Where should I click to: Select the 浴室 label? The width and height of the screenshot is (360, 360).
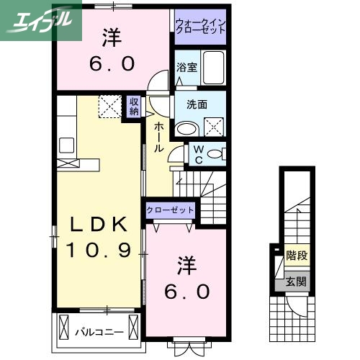click(x=186, y=68)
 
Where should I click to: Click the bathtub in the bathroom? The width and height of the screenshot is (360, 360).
click(x=213, y=68)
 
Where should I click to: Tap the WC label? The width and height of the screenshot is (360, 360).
click(x=197, y=155)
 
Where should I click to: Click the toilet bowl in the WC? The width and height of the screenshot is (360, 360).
click(x=218, y=153)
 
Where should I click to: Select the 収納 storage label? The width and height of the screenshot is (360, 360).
click(x=135, y=106)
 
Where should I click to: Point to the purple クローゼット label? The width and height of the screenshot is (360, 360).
click(x=171, y=210)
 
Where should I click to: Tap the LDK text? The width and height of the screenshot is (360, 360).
click(x=99, y=226)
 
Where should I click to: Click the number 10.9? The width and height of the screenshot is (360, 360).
click(x=99, y=251)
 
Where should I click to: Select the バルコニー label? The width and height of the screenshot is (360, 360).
click(x=99, y=332)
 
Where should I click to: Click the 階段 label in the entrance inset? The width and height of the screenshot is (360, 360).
click(x=295, y=254)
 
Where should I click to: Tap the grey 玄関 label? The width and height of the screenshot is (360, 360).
click(x=295, y=282)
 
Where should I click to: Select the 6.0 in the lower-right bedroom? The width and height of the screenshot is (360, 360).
click(x=189, y=292)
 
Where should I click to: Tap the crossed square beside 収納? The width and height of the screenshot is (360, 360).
click(x=111, y=107)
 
